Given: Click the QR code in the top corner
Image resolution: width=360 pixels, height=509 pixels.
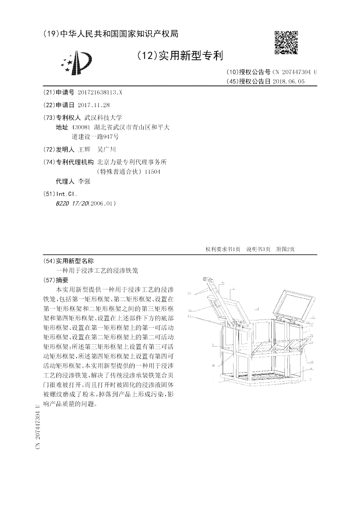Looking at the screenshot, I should point(286,42).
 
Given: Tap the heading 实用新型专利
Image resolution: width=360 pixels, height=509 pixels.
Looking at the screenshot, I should point(180,56).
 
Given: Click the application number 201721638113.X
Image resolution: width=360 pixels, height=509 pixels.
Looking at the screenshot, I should point(99,92).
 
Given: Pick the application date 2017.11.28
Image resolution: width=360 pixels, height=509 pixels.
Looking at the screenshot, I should point(94,105).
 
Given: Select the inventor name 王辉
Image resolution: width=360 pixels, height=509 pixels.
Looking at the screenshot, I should point(84,149).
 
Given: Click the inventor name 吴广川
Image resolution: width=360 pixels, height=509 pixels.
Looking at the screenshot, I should point(106,149).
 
